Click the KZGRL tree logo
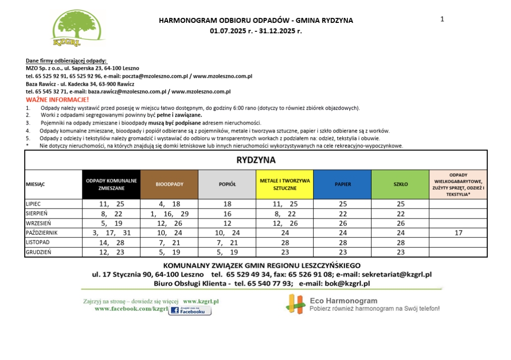(x=78, y=27)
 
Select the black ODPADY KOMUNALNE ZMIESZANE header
(x=111, y=184)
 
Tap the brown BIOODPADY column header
(x=169, y=184)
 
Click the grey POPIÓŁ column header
(x=227, y=184)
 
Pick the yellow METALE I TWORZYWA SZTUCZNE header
(x=285, y=184)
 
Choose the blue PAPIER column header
(x=342, y=184)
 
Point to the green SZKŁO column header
(x=400, y=184)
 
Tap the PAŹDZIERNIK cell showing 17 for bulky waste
(x=458, y=233)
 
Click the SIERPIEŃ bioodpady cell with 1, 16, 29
(x=169, y=214)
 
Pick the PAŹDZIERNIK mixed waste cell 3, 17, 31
(x=111, y=233)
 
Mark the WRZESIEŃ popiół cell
(x=227, y=223)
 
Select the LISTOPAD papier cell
(x=342, y=242)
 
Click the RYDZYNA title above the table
(x=255, y=160)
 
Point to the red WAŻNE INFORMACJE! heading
(x=58, y=100)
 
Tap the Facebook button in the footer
(x=190, y=311)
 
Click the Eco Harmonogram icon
(x=296, y=304)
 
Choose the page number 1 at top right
(x=442, y=19)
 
